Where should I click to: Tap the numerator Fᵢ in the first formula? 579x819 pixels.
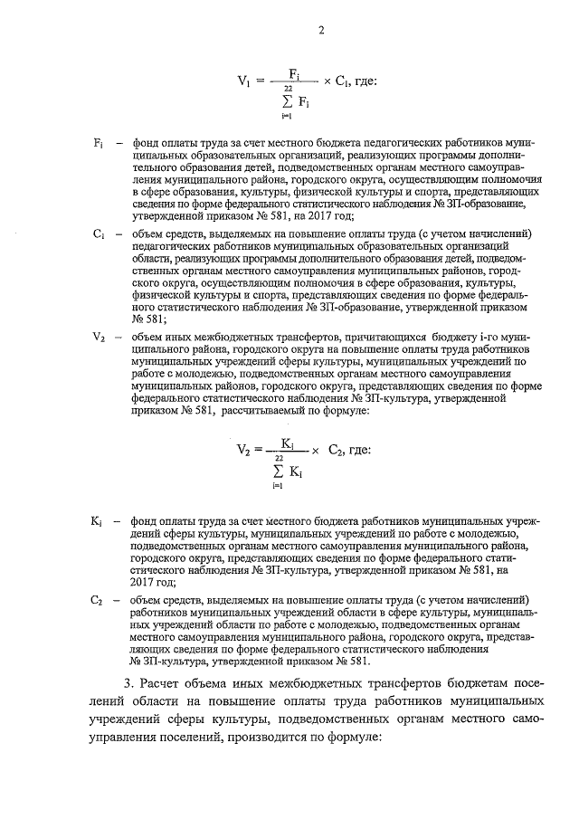pyautogui.click(x=294, y=72)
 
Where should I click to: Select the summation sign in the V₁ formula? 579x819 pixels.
pyautogui.click(x=287, y=100)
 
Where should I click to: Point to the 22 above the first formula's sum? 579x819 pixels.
pyautogui.click(x=288, y=88)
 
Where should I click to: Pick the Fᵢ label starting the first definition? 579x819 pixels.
pyautogui.click(x=100, y=144)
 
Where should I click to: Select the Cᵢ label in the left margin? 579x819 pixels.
pyautogui.click(x=100, y=234)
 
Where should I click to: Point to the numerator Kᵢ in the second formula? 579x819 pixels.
pyautogui.click(x=288, y=443)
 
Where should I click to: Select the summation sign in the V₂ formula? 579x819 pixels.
pyautogui.click(x=278, y=471)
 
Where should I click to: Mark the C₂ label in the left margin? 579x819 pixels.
pyautogui.click(x=100, y=600)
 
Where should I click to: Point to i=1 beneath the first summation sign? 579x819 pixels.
pyautogui.click(x=286, y=114)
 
